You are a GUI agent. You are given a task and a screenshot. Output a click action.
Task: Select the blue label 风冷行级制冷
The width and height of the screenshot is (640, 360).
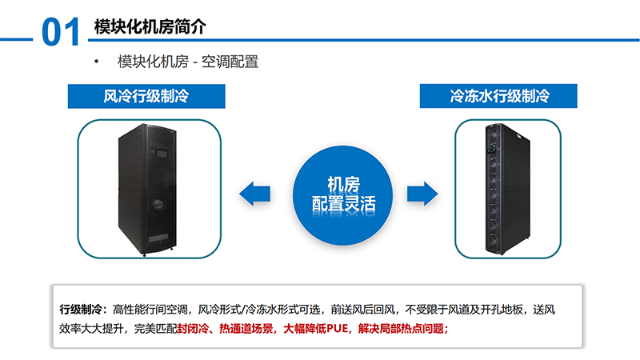[146, 98]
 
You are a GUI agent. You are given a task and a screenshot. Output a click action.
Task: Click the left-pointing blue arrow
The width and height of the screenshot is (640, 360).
[254, 193]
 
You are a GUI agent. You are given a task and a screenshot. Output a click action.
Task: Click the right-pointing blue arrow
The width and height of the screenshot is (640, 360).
[422, 193]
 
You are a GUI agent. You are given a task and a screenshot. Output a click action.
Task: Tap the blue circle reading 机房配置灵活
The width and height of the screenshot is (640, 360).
[338, 192]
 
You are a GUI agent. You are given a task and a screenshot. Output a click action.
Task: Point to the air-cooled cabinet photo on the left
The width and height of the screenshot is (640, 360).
[148, 190]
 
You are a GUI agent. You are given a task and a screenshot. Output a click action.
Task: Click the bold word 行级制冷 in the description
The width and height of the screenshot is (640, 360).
[81, 310]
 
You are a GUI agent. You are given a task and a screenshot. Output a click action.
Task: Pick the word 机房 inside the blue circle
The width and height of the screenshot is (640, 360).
[338, 182]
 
